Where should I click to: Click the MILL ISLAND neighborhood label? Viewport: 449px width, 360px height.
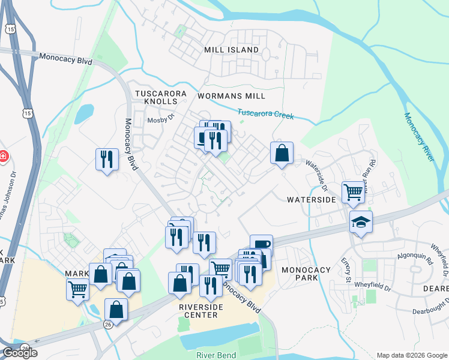click(x=231, y=50)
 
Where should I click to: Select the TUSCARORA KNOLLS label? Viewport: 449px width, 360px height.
click(x=164, y=97)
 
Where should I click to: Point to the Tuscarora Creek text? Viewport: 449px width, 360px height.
click(x=265, y=113)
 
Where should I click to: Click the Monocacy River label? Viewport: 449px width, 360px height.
click(x=418, y=137)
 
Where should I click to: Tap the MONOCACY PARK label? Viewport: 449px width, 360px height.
click(x=306, y=274)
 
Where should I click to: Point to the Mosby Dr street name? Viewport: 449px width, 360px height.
click(x=160, y=119)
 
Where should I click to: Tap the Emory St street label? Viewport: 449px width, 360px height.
click(x=347, y=270)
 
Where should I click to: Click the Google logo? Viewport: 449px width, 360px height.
click(x=20, y=353)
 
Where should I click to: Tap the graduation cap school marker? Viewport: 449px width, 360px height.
click(x=361, y=222)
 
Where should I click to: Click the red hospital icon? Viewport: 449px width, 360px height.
click(x=3, y=157)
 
